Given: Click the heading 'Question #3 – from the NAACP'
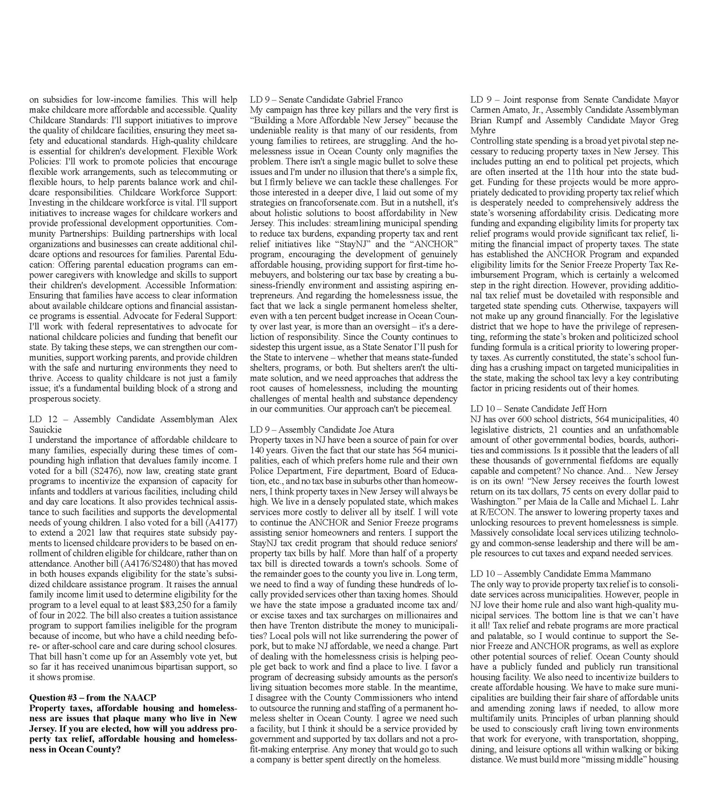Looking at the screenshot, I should pyautogui.click(x=93, y=697).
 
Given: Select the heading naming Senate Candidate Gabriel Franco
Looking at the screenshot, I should pyautogui.click(x=326, y=100).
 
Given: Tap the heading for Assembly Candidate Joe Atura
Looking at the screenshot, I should pyautogui.click(x=322, y=430).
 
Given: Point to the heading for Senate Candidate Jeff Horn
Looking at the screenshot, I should pyautogui.click(x=538, y=409).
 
